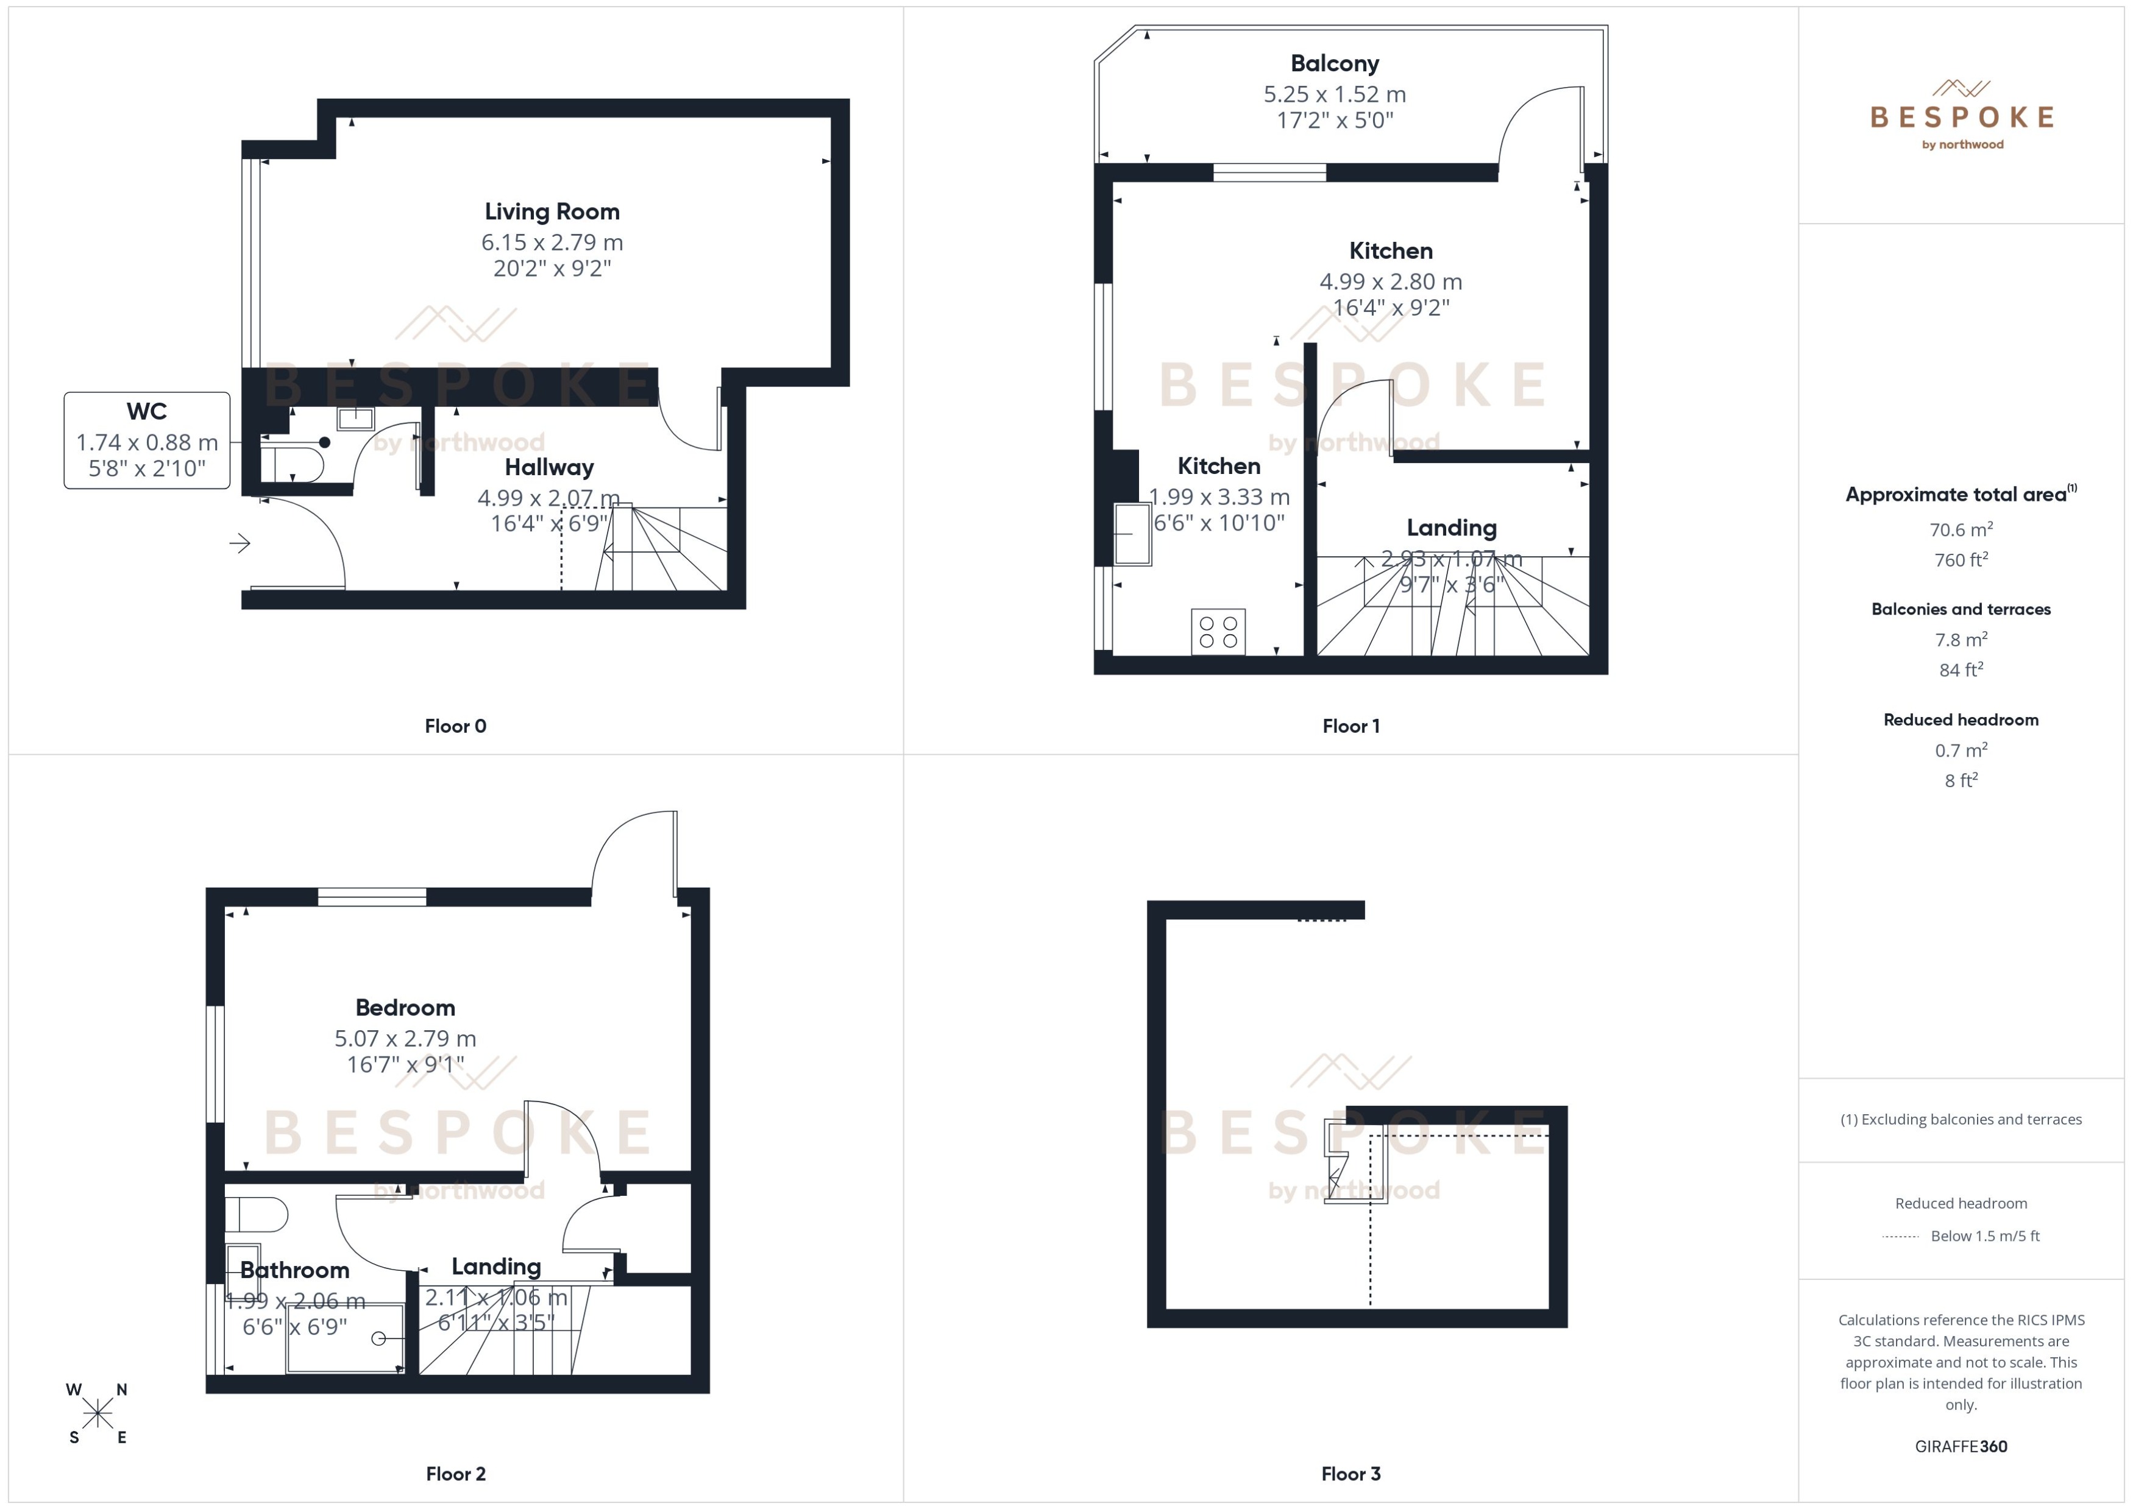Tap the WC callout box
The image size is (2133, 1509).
point(147,440)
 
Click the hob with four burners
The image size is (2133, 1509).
point(1218,632)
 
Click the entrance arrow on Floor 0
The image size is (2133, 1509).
point(240,543)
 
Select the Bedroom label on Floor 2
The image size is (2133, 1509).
point(405,1008)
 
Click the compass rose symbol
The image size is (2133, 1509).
point(97,1413)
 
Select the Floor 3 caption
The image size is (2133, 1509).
point(1350,1474)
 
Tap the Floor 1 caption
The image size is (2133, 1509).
point(1350,727)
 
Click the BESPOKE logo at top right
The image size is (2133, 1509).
point(1961,116)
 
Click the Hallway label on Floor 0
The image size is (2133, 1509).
point(548,467)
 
